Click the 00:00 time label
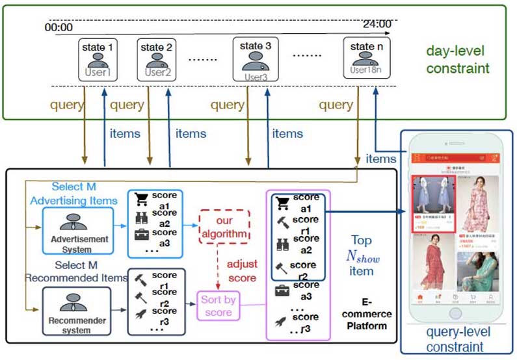[x=59, y=27]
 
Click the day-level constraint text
[x=457, y=59]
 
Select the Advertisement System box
[x=78, y=225]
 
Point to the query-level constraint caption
[x=458, y=339]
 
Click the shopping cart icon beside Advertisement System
[x=141, y=199]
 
